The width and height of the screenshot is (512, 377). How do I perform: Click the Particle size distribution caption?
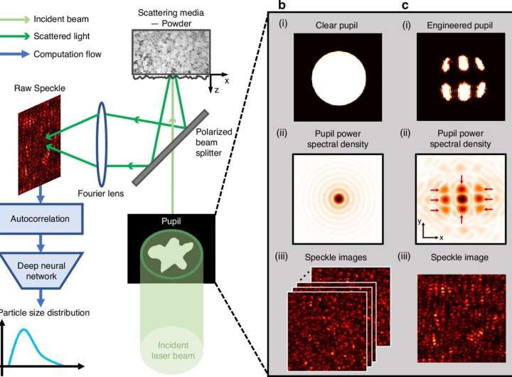[x=46, y=312]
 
